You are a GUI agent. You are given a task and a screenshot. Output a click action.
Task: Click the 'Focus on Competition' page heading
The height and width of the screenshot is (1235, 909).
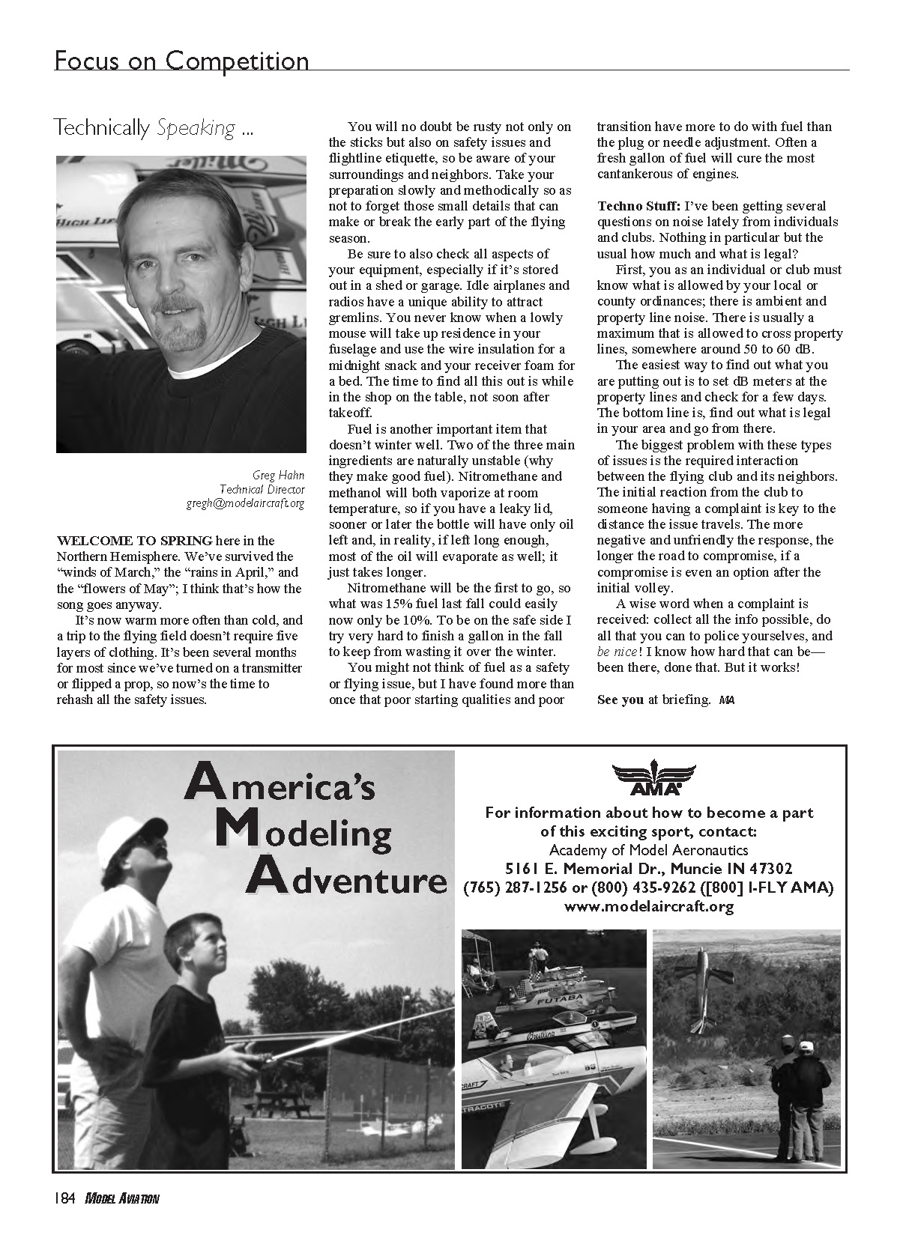click(x=181, y=60)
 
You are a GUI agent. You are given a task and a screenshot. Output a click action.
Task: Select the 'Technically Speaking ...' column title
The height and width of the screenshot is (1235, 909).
click(x=154, y=128)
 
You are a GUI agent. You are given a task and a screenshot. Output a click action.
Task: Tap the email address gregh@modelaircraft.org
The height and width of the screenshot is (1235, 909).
click(x=245, y=503)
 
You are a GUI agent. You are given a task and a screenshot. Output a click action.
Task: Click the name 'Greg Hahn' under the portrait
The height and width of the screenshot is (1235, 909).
click(x=278, y=473)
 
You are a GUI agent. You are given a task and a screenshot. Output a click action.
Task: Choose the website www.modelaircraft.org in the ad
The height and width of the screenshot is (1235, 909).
click(x=648, y=906)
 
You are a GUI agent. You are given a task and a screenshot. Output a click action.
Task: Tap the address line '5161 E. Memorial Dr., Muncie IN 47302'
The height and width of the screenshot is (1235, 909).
click(x=648, y=869)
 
